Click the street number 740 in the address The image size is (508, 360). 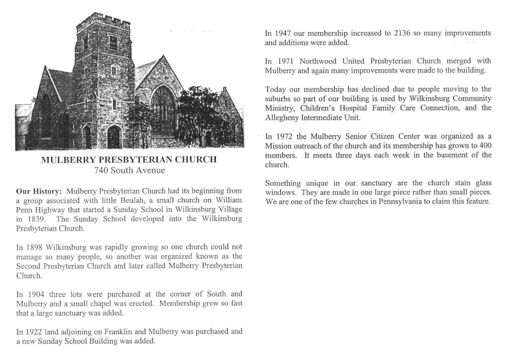pyautogui.click(x=101, y=170)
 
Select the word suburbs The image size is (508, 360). pyautogui.click(x=280, y=98)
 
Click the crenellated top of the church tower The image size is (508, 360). pyautogui.click(x=103, y=22)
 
